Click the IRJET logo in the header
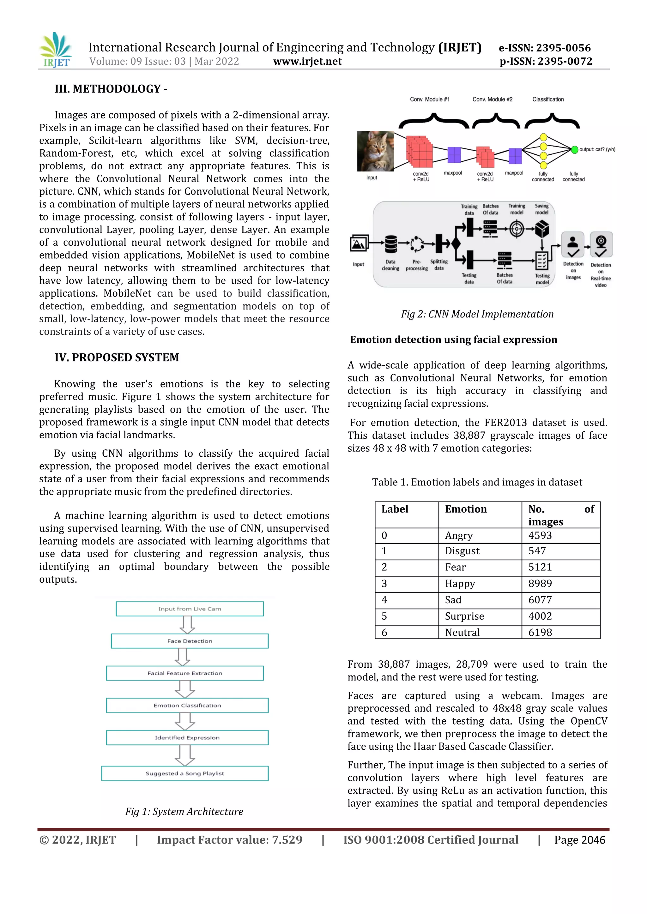(x=56, y=51)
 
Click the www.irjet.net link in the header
(x=307, y=61)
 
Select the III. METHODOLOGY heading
(x=111, y=89)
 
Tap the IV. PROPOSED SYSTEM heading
(x=117, y=357)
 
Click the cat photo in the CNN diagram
(x=375, y=151)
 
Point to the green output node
(x=574, y=150)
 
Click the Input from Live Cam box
(x=190, y=609)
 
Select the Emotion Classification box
(x=187, y=705)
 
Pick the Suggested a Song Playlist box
(x=185, y=773)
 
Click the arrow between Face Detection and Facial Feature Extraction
(x=183, y=657)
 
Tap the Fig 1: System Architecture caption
(x=184, y=812)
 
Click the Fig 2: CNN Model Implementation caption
(x=477, y=314)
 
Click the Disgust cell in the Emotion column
(x=462, y=551)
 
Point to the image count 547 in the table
(x=537, y=551)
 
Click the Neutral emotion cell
(x=462, y=632)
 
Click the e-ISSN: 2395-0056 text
(x=544, y=48)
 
